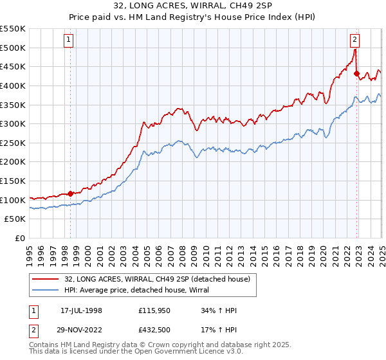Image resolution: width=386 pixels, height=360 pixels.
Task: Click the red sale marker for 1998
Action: click(x=71, y=194)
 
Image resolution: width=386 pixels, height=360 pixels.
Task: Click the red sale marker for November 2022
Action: click(x=356, y=73)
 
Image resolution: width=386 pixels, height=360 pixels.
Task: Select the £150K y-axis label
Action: click(x=13, y=181)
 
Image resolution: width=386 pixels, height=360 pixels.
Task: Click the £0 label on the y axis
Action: click(x=20, y=238)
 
